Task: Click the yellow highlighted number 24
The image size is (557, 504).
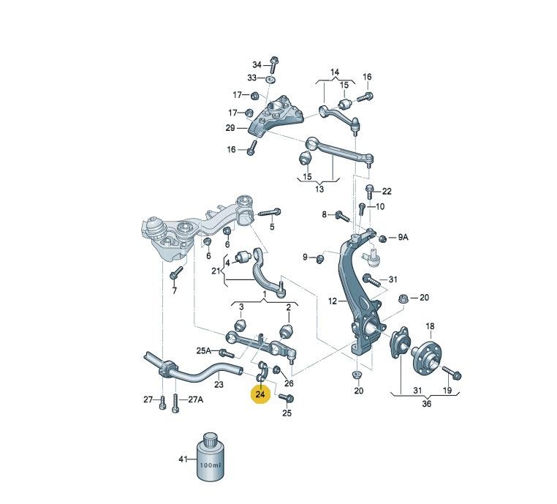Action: pyautogui.click(x=260, y=394)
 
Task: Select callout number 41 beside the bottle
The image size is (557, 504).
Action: pyautogui.click(x=183, y=459)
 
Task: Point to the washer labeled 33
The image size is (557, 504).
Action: pyautogui.click(x=270, y=78)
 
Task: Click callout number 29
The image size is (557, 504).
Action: pyautogui.click(x=230, y=127)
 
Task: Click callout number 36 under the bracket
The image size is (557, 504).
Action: pyautogui.click(x=426, y=403)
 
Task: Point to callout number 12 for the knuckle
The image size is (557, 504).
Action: pyautogui.click(x=332, y=301)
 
